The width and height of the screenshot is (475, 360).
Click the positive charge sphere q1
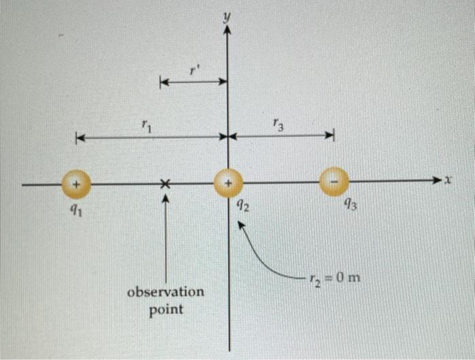(x=77, y=184)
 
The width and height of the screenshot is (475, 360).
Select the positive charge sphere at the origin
(x=229, y=183)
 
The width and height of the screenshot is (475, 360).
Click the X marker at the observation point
(x=165, y=184)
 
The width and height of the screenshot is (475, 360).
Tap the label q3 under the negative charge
(x=349, y=203)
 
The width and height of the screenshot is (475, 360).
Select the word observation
(x=166, y=293)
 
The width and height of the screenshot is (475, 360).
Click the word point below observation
(x=166, y=310)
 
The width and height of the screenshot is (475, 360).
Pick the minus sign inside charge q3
(x=334, y=182)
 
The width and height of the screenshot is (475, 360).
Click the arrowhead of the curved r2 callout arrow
(x=240, y=226)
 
